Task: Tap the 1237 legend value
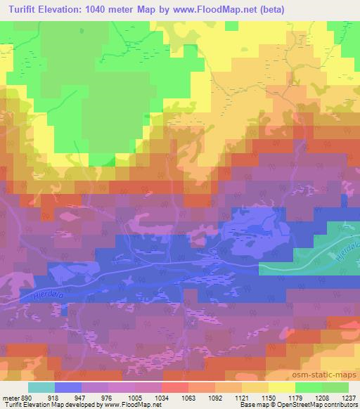point(340,397)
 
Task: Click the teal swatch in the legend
point(41,387)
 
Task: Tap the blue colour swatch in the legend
point(67,387)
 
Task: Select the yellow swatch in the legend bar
point(281,387)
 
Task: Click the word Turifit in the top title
point(21,9)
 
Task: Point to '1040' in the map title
point(108,9)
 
